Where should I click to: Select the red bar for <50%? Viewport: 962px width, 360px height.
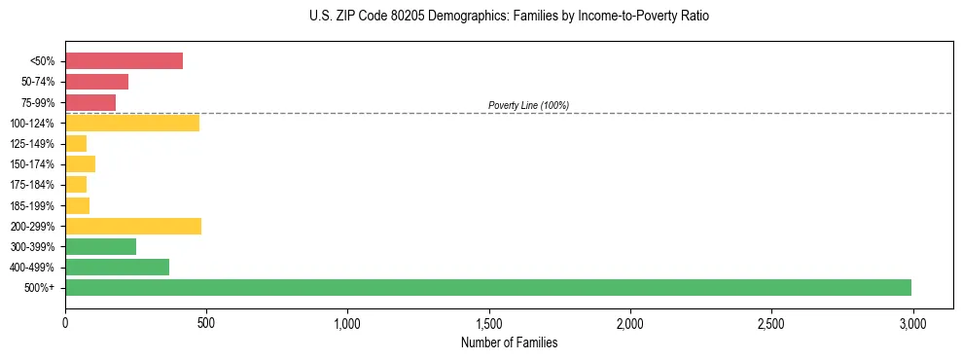[124, 61]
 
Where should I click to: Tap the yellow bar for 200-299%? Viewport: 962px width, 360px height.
[133, 226]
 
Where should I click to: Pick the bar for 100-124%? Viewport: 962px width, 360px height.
[132, 123]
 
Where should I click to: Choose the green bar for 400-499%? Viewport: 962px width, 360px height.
[117, 267]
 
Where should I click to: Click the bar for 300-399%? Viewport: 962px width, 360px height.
[100, 246]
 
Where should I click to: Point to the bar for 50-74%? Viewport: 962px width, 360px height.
[96, 82]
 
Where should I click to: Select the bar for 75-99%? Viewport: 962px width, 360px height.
[90, 102]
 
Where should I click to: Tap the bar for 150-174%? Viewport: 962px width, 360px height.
[80, 163]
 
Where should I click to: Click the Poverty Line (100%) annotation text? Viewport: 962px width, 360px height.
[528, 105]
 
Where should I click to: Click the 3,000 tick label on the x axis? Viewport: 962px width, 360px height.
[912, 321]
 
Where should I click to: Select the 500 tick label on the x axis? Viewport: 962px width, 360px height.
[206, 321]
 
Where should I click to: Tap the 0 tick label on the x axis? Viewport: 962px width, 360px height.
[65, 321]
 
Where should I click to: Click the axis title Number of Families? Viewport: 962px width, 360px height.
[509, 342]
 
